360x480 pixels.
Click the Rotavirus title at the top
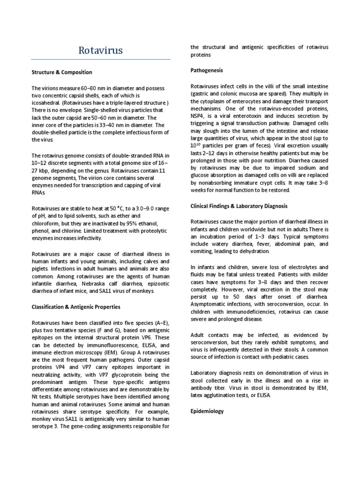coord(100,50)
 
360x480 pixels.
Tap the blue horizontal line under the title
coord(100,60)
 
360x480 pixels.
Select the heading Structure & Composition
coord(61,72)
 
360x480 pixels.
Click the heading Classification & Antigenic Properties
coord(75,307)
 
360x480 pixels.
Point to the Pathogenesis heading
coord(207,70)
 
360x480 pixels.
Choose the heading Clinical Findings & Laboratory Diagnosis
coord(239,206)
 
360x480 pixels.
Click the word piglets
coord(40,269)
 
